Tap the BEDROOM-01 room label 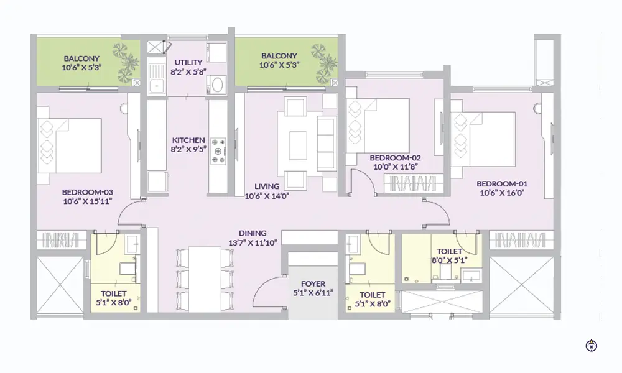pos(501,183)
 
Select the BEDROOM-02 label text pos(395,158)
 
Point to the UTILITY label pos(188,63)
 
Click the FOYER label pos(313,283)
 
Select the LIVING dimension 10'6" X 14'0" pos(266,195)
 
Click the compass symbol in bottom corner pos(591,345)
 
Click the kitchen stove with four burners pos(219,151)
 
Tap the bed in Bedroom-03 pos(69,145)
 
